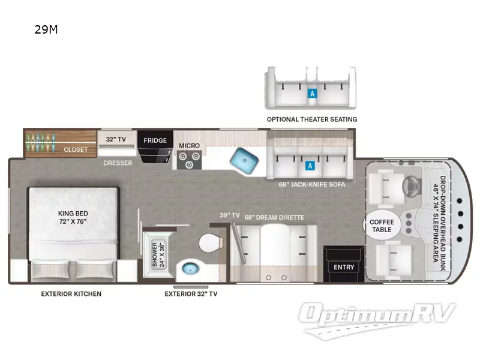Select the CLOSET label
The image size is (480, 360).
click(76, 149)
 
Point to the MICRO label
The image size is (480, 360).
click(189, 146)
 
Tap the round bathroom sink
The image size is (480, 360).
click(190, 268)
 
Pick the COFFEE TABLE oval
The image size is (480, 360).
click(382, 226)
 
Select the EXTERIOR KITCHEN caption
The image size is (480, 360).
click(71, 294)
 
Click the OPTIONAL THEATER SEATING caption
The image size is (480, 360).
click(312, 119)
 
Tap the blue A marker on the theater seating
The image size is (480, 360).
click(311, 93)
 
